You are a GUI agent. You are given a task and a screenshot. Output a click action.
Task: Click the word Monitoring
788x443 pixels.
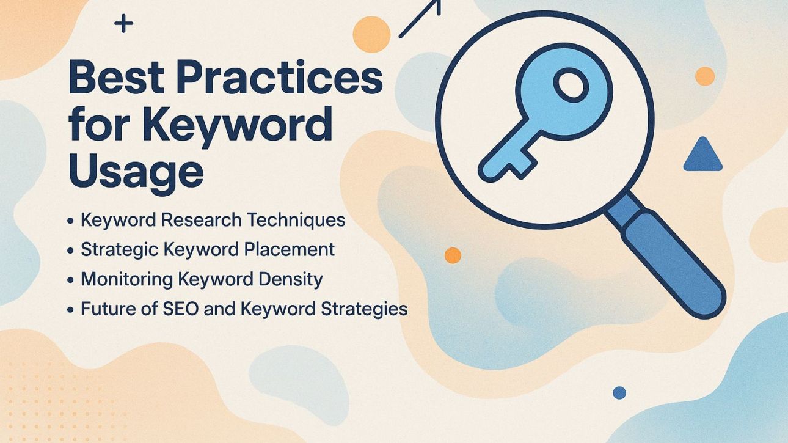click(x=126, y=279)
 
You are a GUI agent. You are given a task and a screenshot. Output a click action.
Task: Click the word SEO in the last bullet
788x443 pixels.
click(x=181, y=309)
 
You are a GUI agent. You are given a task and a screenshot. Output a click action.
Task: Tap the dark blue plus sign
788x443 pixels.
click(x=123, y=24)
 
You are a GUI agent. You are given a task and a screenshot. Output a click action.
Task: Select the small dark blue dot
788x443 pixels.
click(x=619, y=392)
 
